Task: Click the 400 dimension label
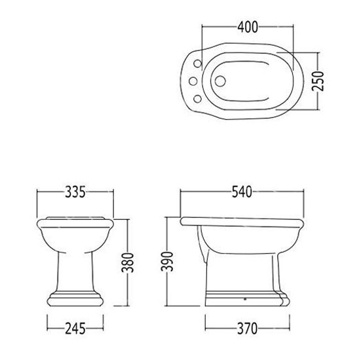(x=248, y=27)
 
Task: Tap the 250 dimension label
(x=318, y=81)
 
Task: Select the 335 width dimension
(x=75, y=192)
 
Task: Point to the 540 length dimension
(x=242, y=192)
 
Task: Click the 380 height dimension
(x=128, y=262)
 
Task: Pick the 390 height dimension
(x=167, y=262)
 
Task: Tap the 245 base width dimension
(x=75, y=329)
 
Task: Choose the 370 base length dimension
(x=247, y=329)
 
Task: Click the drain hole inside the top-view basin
(x=220, y=81)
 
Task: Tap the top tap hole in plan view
(x=198, y=63)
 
